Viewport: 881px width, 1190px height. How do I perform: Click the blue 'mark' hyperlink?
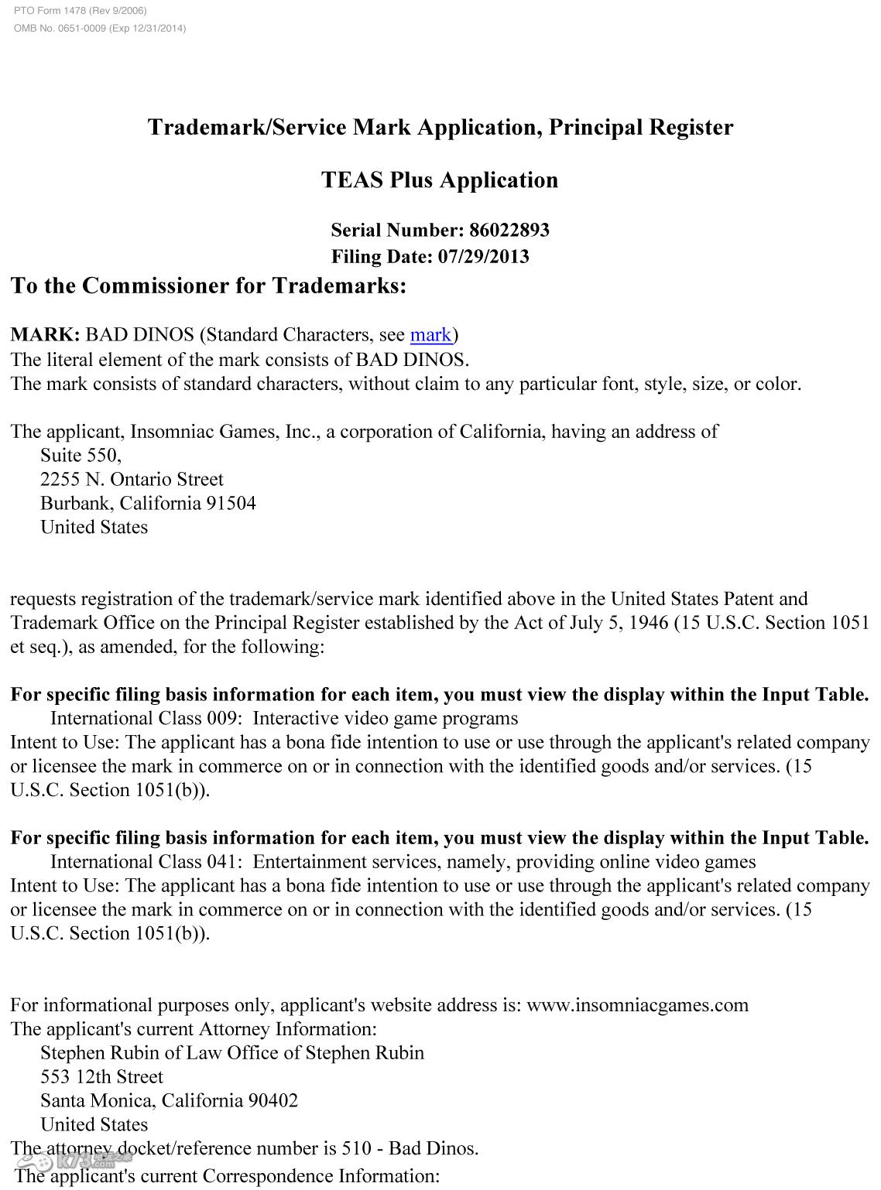430,335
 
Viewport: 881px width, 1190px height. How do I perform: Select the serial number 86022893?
509,230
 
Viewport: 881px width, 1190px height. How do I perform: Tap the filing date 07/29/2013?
483,256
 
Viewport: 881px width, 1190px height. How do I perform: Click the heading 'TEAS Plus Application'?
440,180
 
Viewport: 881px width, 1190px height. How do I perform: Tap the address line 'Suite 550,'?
81,455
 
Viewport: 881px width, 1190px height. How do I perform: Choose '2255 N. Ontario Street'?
132,479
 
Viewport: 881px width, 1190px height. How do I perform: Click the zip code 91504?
231,503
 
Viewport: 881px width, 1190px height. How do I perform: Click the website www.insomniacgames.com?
637,1005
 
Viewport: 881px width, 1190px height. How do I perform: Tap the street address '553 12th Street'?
101,1076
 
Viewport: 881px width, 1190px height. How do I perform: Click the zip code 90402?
273,1100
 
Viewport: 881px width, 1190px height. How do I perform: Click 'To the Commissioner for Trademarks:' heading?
208,286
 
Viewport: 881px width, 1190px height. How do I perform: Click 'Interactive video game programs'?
385,718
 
